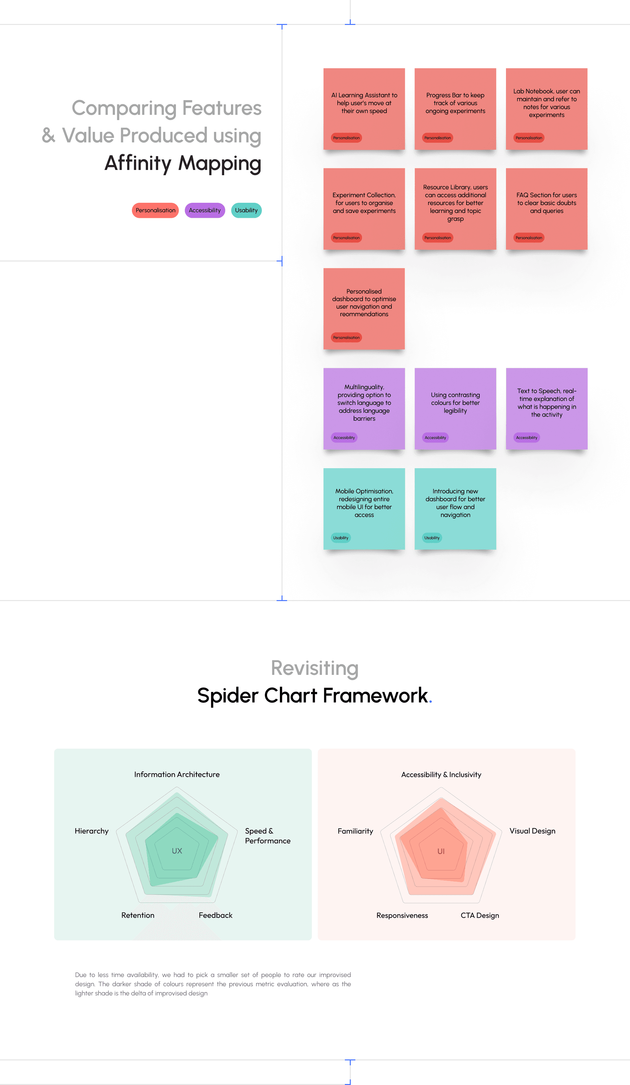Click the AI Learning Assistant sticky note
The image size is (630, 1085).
point(364,109)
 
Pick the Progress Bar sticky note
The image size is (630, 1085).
point(455,109)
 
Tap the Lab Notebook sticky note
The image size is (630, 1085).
point(546,109)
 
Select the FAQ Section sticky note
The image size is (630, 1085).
point(546,209)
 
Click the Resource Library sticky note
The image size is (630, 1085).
point(455,209)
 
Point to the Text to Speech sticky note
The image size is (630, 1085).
point(546,408)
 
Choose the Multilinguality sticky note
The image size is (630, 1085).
point(364,408)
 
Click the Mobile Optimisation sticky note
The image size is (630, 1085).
point(364,509)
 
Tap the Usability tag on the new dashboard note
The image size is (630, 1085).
point(432,538)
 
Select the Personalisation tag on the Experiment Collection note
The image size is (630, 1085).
point(346,238)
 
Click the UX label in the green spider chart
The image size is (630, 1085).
point(177,851)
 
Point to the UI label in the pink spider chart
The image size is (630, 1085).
point(441,851)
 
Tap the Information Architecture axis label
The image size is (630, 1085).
point(177,775)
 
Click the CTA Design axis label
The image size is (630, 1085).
point(480,915)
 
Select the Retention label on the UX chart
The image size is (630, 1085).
point(138,915)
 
